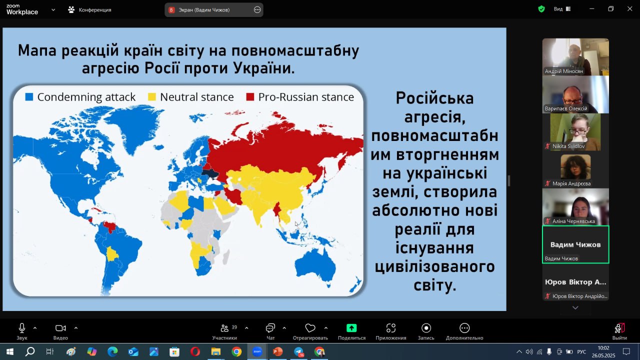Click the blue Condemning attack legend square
(x=29, y=97)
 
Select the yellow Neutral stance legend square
(x=151, y=97)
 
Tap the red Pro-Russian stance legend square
(x=250, y=97)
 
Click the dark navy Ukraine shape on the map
(x=210, y=173)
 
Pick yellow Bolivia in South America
(x=112, y=253)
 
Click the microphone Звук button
(x=22, y=331)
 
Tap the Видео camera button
(x=60, y=331)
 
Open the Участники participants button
(x=224, y=331)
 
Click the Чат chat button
(x=270, y=331)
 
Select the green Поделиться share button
(x=351, y=331)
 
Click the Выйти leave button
(x=619, y=331)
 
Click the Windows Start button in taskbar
(x=10, y=351)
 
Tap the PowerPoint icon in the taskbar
(x=277, y=351)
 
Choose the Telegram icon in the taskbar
(x=299, y=351)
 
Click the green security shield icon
(x=541, y=9)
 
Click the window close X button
(x=629, y=9)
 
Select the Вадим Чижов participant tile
(x=575, y=244)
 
